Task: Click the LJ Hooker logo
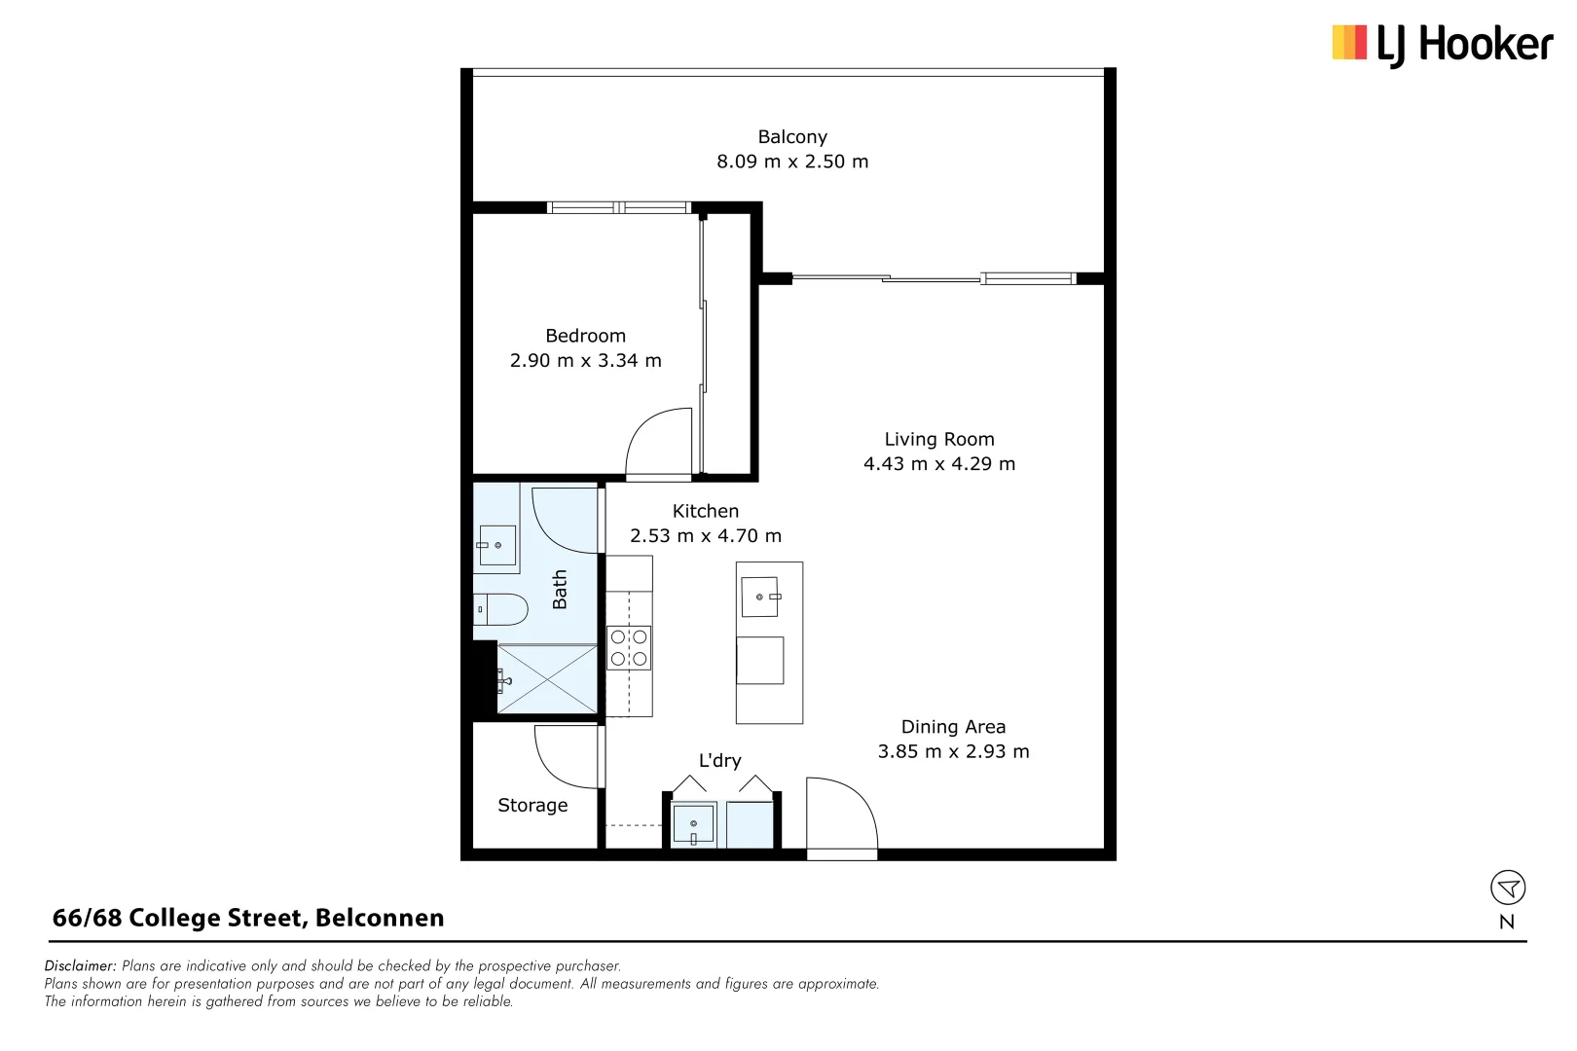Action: click(1442, 45)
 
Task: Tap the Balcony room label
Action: click(792, 137)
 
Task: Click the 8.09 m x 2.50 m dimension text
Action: click(792, 162)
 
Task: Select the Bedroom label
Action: click(585, 336)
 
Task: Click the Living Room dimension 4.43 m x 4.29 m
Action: click(938, 464)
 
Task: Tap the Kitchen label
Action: click(705, 511)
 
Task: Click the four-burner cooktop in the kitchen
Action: click(629, 648)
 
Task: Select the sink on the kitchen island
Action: click(760, 597)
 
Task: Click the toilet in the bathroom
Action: click(500, 609)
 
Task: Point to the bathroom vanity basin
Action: click(496, 545)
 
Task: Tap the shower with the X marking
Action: click(547, 678)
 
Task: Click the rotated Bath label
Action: click(560, 590)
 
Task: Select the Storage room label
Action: click(532, 805)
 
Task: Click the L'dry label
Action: click(719, 761)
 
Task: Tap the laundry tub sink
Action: click(693, 824)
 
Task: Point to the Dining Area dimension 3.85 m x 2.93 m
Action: click(953, 751)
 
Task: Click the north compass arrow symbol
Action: click(1507, 888)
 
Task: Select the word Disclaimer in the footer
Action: click(80, 965)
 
